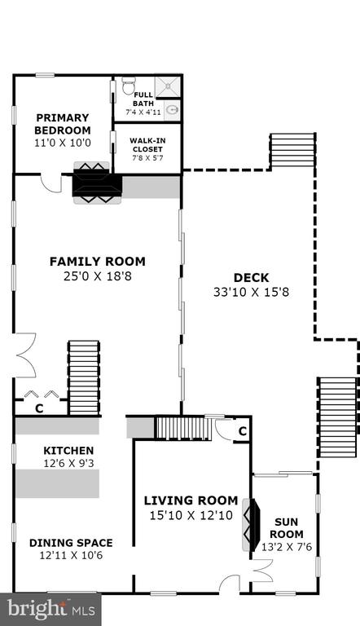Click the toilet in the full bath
[129, 86]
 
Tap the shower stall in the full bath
[168, 86]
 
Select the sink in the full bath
[172, 110]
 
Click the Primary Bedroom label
[62, 124]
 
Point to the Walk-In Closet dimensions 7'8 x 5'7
[147, 157]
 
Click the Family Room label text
[98, 262]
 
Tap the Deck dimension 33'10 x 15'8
[251, 293]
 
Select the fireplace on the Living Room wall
[251, 524]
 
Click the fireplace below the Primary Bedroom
[97, 183]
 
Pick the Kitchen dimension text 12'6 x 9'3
[68, 464]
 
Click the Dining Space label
[71, 543]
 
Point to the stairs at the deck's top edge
[293, 151]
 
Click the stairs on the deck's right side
[337, 417]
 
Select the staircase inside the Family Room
[83, 378]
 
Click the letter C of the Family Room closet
[39, 409]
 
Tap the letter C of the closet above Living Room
[242, 431]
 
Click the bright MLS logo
[50, 609]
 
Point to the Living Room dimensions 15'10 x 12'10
[191, 515]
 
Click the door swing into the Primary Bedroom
[51, 183]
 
